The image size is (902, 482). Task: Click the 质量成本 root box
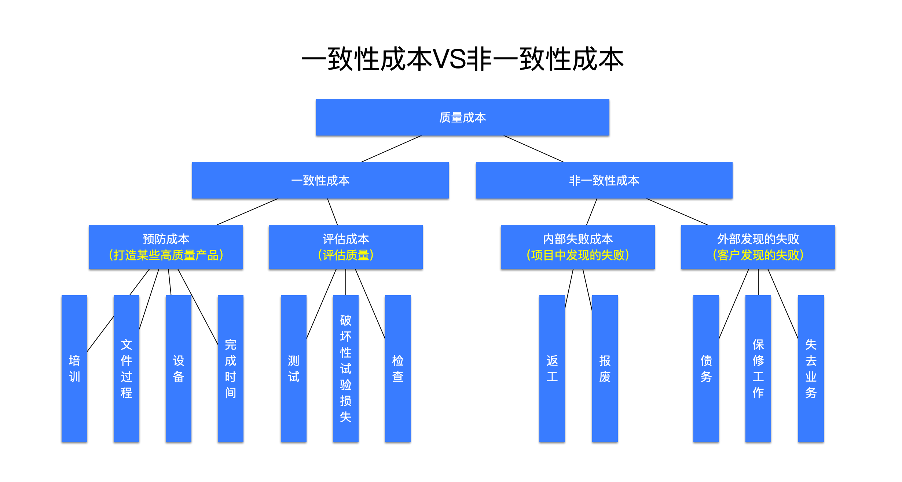462,117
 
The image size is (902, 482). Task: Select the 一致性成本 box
320,180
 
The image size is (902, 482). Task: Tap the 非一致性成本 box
604,180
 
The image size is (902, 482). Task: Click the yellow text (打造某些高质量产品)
166,255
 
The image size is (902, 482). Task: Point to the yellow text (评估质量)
345,255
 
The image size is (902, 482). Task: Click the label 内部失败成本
577,239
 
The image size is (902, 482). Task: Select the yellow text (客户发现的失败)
758,255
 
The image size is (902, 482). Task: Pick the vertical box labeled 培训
74,368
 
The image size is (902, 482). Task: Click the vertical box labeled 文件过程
126,368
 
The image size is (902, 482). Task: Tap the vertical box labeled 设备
179,368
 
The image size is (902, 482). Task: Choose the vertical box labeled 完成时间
231,368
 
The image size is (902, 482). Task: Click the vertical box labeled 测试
294,368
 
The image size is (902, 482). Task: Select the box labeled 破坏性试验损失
346,368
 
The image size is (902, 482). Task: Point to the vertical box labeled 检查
398,368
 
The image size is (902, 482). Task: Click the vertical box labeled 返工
552,368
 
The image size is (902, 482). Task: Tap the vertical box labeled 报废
605,368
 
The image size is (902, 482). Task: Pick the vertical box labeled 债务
706,368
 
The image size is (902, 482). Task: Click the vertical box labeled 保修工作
758,368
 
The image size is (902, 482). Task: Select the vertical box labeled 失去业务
811,368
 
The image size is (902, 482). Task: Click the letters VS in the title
450,59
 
